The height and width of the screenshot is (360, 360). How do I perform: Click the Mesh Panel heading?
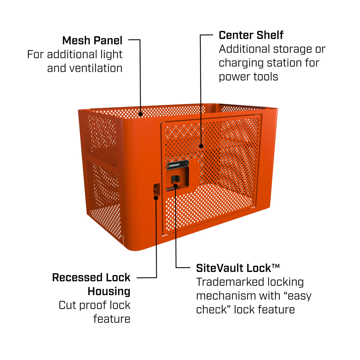coord(92,40)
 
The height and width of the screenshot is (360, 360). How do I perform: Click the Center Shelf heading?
coord(251,35)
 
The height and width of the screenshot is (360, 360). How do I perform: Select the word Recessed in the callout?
coord(76,277)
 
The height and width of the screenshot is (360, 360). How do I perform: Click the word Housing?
coord(109,291)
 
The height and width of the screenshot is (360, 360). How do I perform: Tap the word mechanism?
coord(225,296)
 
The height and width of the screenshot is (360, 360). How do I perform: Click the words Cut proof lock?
coord(94,305)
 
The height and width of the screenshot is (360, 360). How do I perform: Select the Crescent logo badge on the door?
coord(178,165)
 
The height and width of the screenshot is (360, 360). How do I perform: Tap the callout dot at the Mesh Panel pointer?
coord(141,114)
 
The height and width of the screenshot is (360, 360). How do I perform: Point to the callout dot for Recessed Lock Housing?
coord(156,198)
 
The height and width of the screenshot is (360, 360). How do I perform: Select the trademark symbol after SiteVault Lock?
coord(276,266)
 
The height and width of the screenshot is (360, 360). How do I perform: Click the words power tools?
coord(248,77)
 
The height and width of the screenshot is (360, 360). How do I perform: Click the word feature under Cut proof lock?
coord(112,319)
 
